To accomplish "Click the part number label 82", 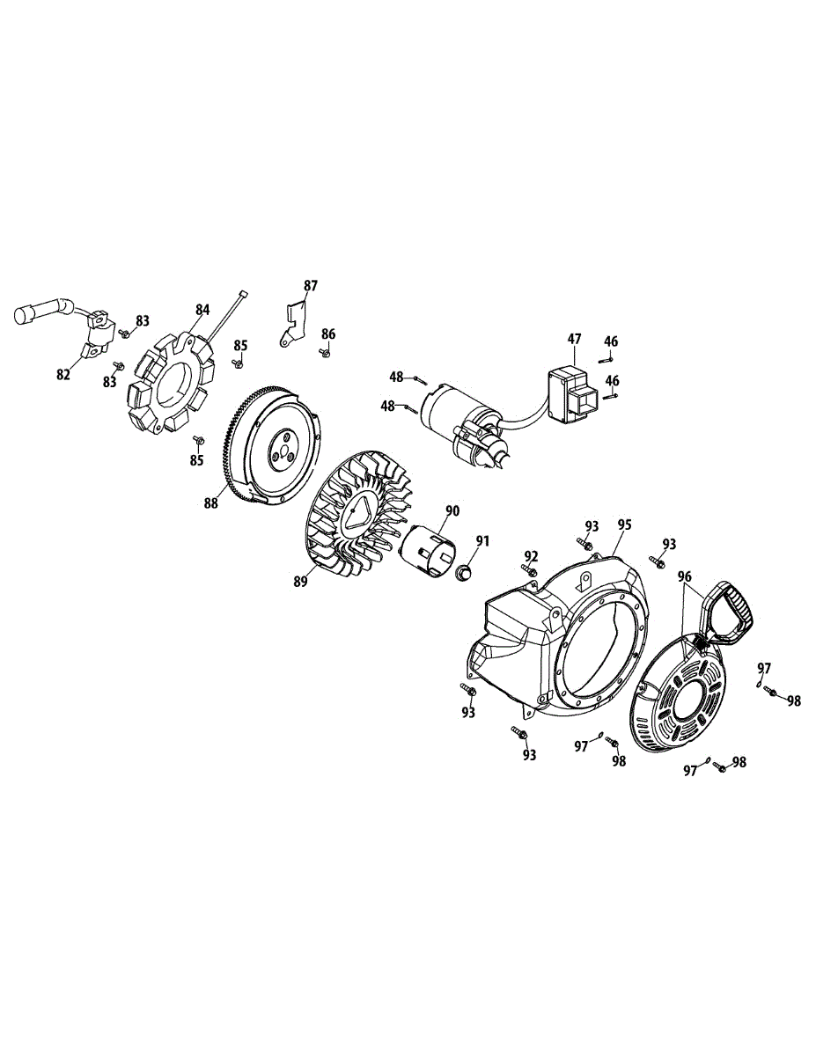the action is (63, 375).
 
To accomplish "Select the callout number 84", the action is (202, 310).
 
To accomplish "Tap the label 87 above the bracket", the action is (311, 286).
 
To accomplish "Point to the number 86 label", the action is (328, 334).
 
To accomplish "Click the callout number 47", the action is (574, 339).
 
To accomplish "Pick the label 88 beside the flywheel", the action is (211, 503).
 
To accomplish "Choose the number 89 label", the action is (301, 582).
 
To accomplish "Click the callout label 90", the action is (452, 511).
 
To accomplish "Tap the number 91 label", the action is (482, 541).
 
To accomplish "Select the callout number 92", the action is (530, 556).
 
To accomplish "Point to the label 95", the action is (625, 524).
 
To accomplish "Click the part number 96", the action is (685, 576).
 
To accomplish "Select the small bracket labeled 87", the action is (293, 322).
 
